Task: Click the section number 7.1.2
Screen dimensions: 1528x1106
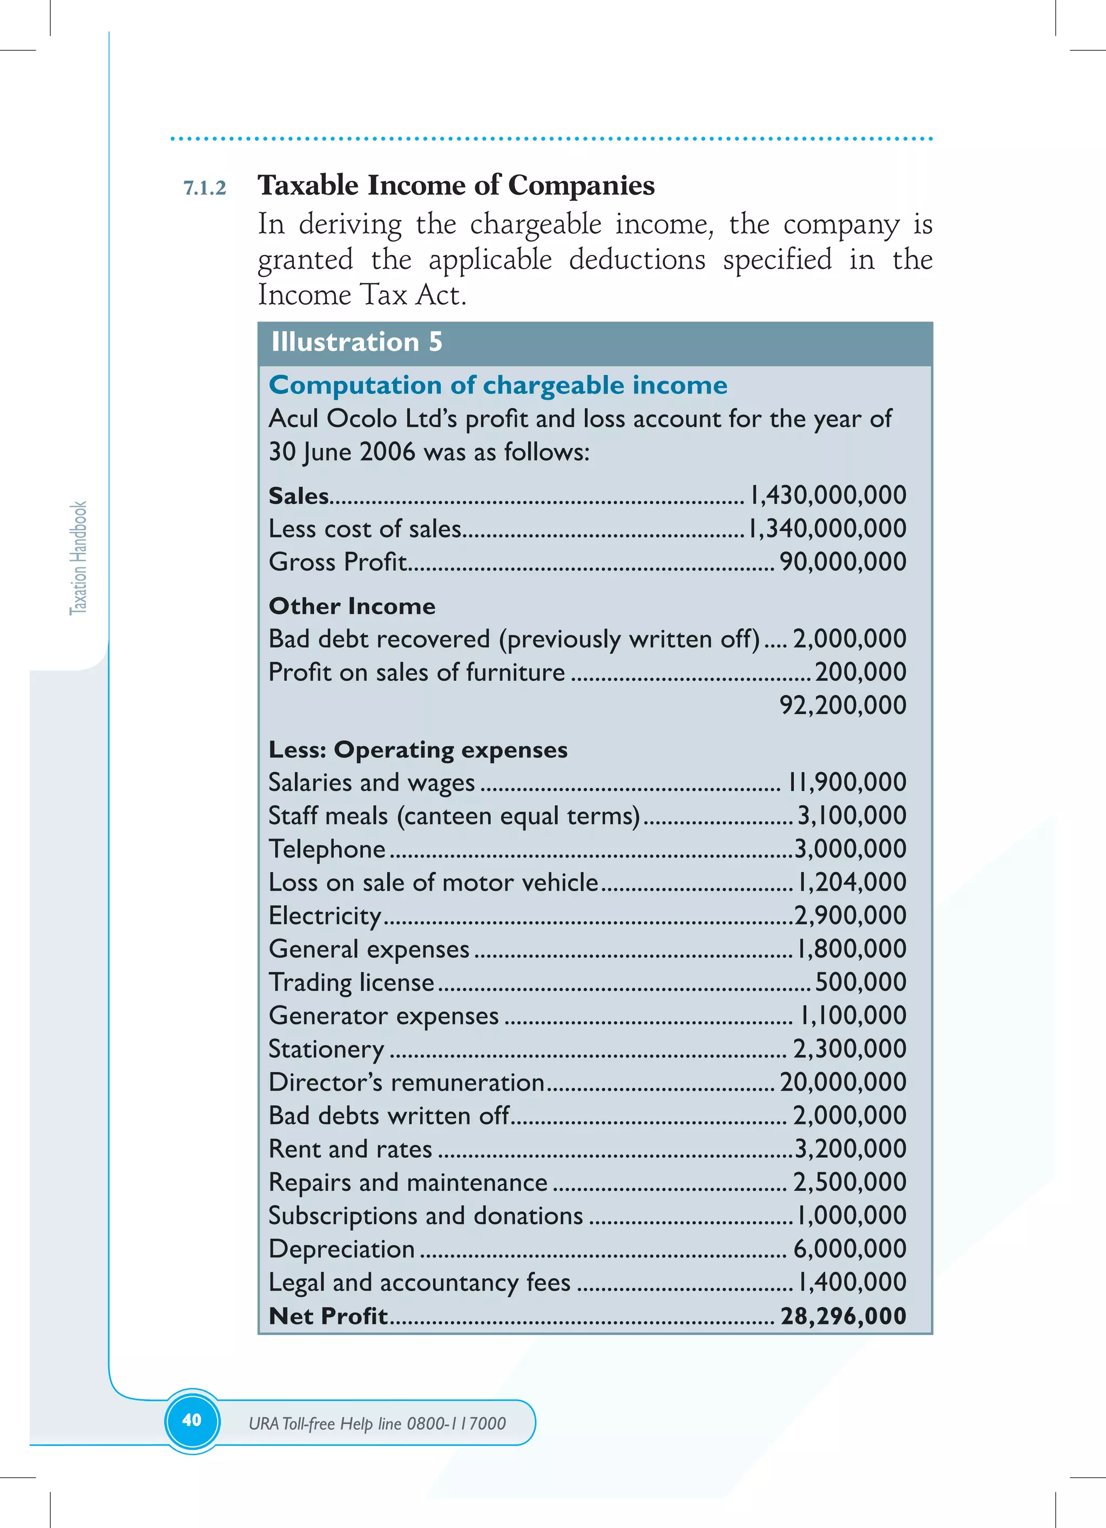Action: pos(205,188)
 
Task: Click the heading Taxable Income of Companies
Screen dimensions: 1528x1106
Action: pos(456,185)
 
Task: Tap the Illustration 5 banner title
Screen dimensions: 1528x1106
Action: pos(356,342)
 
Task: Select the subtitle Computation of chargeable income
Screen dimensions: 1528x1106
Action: pos(498,385)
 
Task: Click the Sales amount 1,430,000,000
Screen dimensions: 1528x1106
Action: pos(828,495)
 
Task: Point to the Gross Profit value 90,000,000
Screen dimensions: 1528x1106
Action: pos(842,562)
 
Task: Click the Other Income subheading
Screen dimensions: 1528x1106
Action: pos(352,606)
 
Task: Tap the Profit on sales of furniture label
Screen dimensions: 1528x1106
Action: pos(416,672)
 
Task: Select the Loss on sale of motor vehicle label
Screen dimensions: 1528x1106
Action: pos(433,882)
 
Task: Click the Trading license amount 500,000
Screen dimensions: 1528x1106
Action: pos(860,982)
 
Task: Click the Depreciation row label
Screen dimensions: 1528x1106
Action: pos(341,1249)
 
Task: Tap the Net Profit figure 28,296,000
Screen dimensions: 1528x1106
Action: pos(844,1316)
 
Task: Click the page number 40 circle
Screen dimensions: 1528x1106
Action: pos(192,1420)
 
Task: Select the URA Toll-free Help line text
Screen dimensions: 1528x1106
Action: pos(376,1424)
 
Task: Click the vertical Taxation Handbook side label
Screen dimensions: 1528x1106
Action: pos(79,558)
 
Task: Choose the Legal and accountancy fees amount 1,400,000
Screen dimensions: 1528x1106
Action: pos(852,1282)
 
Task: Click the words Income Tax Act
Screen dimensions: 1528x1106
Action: pos(362,295)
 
